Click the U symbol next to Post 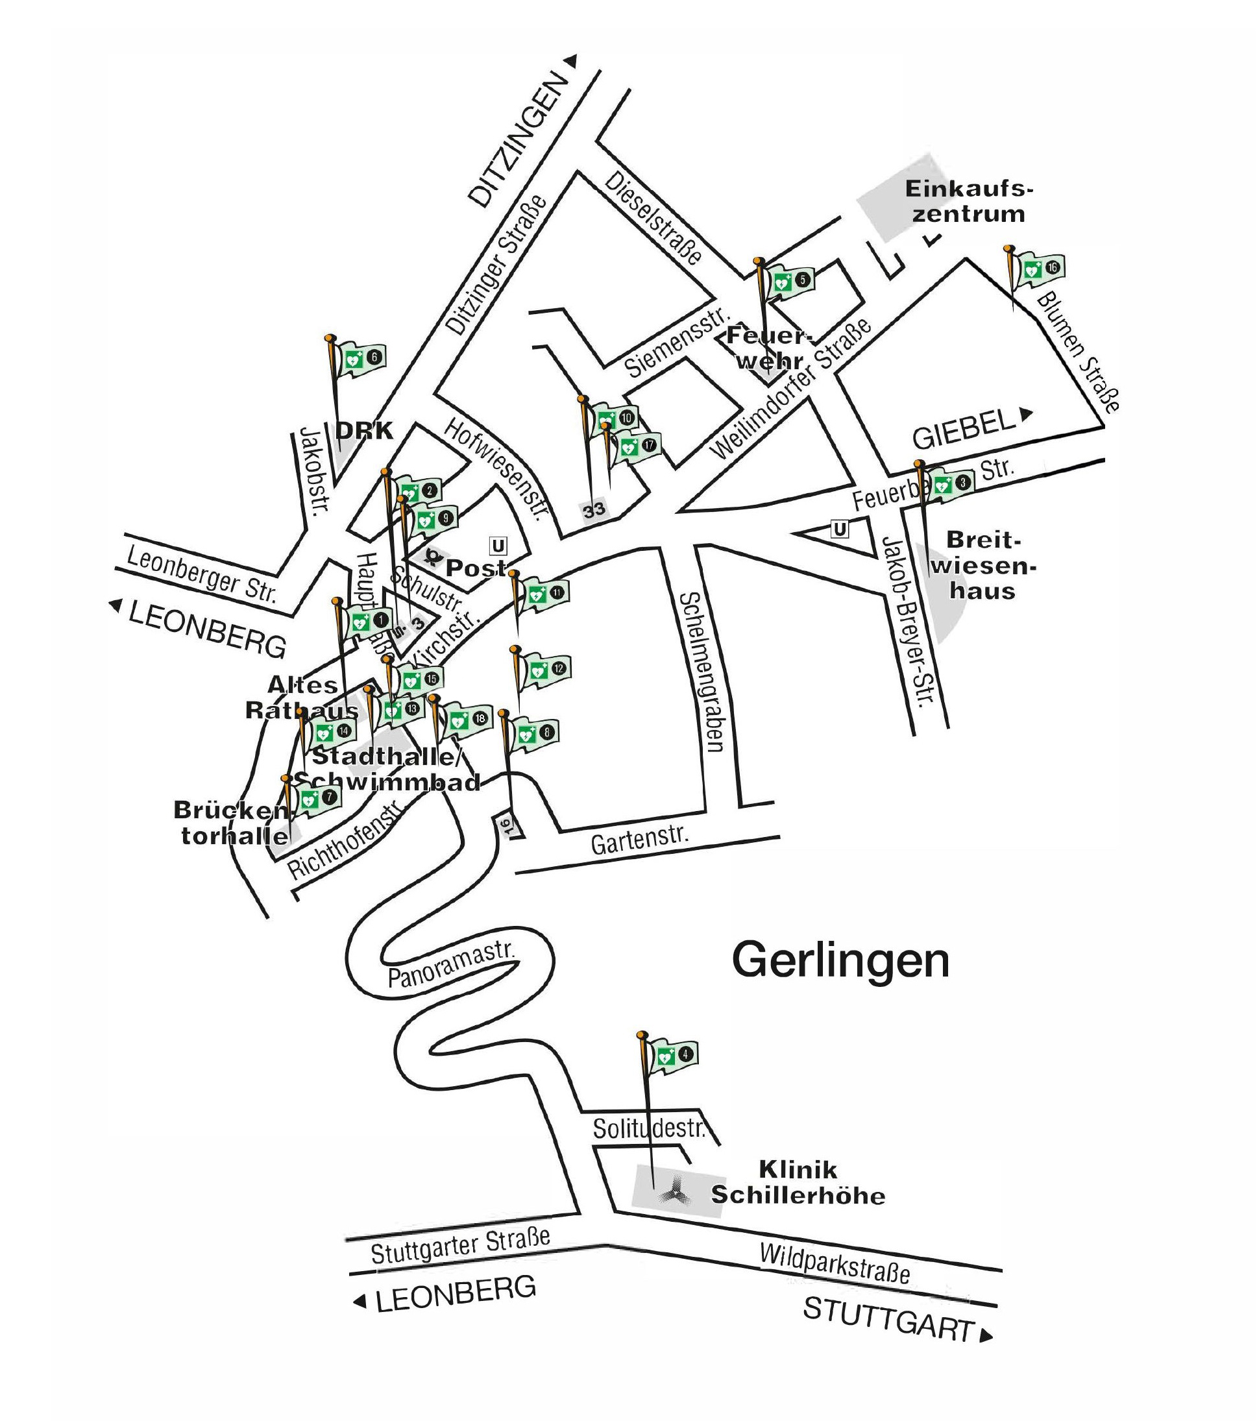498,546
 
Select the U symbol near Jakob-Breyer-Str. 840,529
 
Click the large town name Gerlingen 840,961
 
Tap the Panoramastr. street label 450,964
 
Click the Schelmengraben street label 702,672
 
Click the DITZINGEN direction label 518,139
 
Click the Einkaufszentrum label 968,201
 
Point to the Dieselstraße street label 653,217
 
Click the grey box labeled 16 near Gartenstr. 506,826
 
